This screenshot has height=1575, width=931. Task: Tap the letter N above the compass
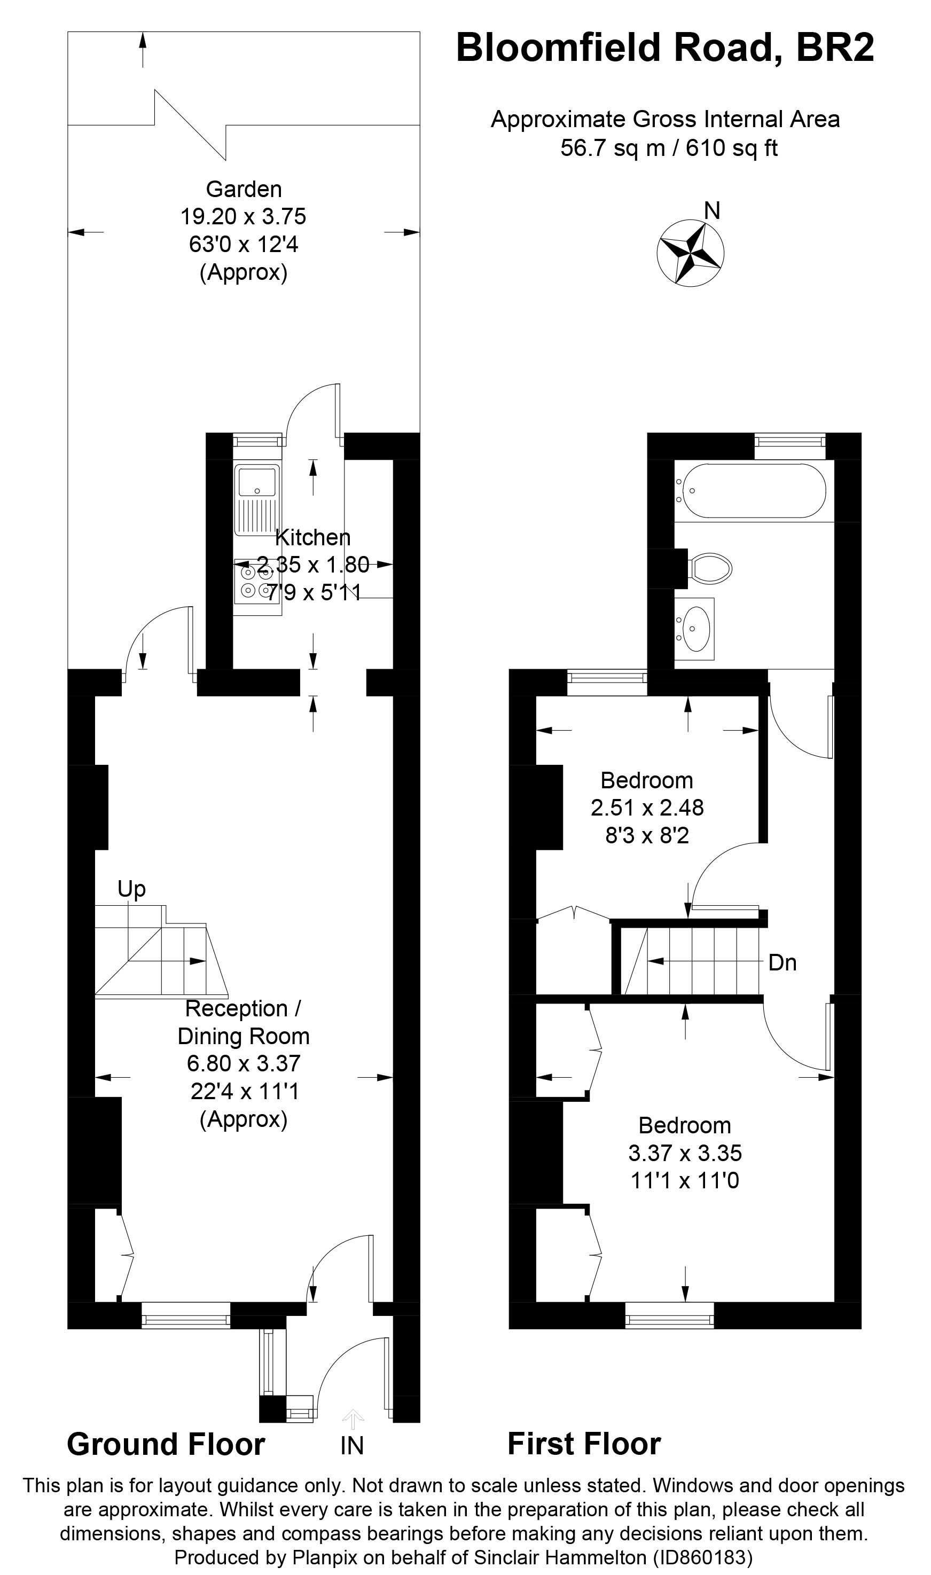point(711,211)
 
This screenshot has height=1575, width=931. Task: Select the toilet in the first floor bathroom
point(711,568)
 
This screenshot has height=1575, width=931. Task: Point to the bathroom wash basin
point(695,629)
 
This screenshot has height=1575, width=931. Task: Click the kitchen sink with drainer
point(256,499)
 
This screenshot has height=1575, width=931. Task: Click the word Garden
point(244,189)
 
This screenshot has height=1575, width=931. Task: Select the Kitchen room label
point(312,537)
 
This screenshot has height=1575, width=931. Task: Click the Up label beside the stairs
point(132,889)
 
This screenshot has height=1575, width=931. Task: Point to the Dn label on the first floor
point(783,962)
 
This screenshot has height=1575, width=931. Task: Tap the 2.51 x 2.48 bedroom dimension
point(647,808)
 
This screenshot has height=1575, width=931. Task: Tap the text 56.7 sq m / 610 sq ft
point(668,148)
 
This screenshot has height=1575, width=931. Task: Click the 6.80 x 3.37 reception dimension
point(244,1064)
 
